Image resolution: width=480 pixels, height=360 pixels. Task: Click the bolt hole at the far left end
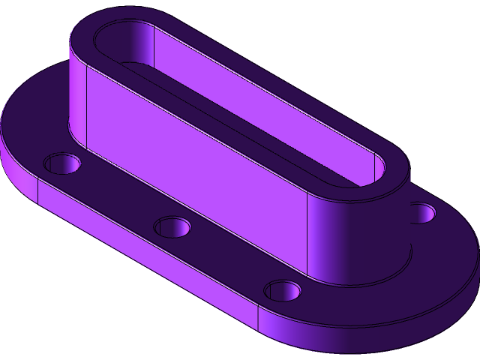click(62, 162)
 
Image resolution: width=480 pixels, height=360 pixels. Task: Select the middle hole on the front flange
click(172, 226)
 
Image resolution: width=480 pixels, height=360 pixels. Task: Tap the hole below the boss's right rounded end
click(282, 289)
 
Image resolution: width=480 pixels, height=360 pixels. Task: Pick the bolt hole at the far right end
click(423, 213)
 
